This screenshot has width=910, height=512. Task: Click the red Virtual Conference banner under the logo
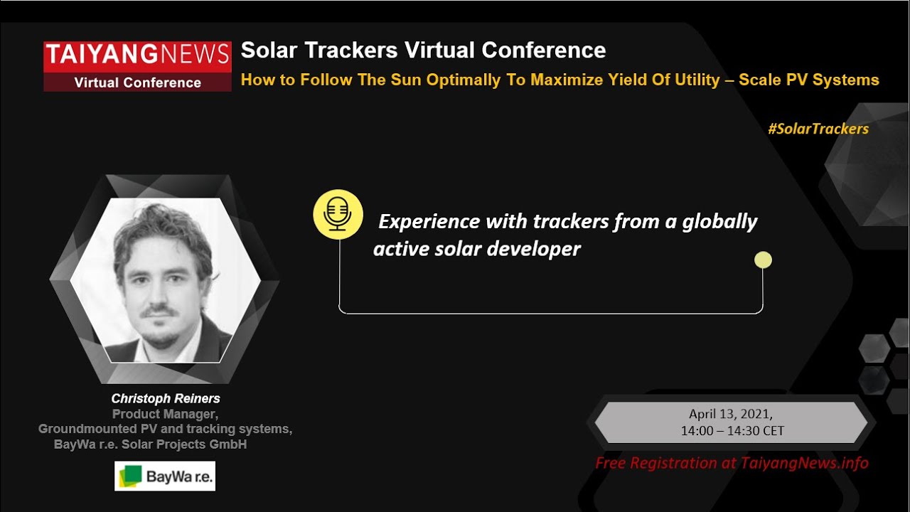click(137, 82)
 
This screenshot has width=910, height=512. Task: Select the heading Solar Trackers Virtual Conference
click(423, 50)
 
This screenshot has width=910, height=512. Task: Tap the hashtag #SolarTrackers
click(818, 129)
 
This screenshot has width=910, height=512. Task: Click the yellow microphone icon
click(338, 214)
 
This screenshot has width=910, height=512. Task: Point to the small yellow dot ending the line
click(763, 260)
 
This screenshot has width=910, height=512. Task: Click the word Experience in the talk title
click(429, 222)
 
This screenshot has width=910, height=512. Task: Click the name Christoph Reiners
click(166, 398)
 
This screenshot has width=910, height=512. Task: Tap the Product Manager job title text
click(164, 414)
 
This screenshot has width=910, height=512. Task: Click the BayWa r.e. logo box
click(165, 476)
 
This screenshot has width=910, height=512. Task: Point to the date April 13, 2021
click(730, 414)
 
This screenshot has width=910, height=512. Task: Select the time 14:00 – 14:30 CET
click(732, 431)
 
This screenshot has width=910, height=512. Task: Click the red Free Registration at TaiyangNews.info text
click(732, 464)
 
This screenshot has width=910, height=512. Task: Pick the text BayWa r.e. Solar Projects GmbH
click(150, 445)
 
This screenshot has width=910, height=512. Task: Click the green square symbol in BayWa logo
click(131, 476)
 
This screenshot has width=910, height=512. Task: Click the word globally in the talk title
click(719, 222)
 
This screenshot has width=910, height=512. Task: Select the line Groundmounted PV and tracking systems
click(165, 430)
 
